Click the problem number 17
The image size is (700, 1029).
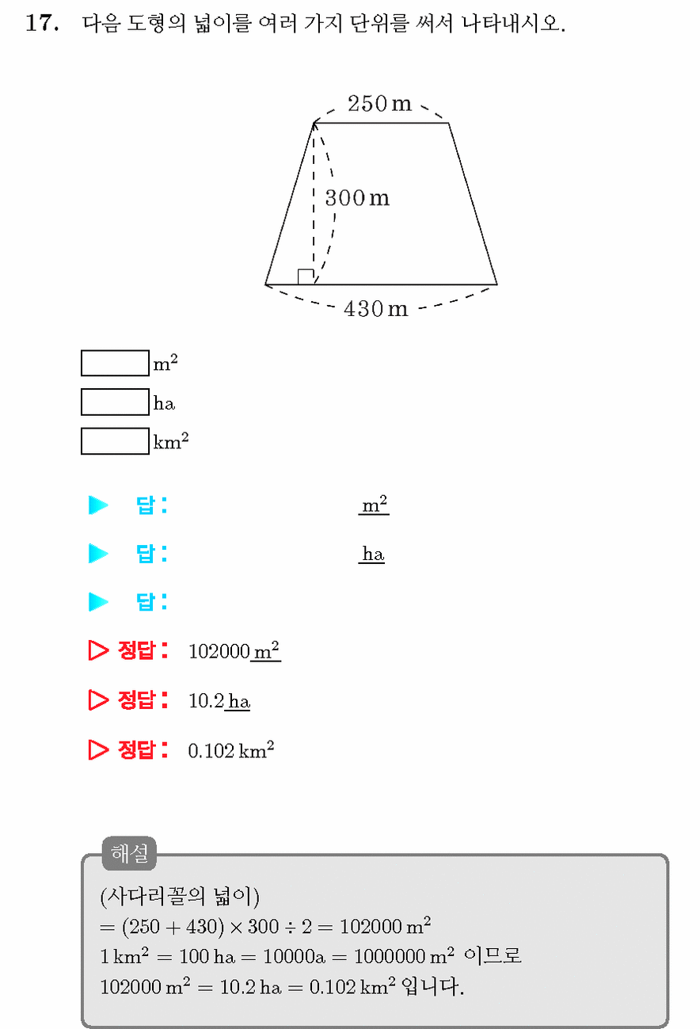click(x=42, y=23)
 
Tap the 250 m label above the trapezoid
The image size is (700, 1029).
click(x=379, y=103)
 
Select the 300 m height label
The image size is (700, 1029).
click(x=357, y=198)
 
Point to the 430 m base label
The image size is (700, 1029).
click(x=375, y=308)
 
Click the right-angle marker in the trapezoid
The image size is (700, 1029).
click(x=306, y=276)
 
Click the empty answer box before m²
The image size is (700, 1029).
click(x=115, y=363)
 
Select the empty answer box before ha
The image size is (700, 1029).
click(x=115, y=402)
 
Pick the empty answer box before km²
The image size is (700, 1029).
click(x=115, y=441)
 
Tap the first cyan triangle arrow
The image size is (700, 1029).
click(x=98, y=505)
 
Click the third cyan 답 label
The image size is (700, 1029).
click(x=151, y=602)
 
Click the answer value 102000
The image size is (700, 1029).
click(x=219, y=651)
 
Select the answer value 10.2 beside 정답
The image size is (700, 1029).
click(x=206, y=701)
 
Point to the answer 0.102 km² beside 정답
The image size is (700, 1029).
click(x=231, y=750)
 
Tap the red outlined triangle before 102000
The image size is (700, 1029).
click(x=98, y=650)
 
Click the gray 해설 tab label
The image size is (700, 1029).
click(x=130, y=853)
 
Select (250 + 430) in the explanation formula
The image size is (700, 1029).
click(x=173, y=927)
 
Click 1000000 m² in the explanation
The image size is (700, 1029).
click(x=404, y=956)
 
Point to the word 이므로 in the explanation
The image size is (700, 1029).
click(x=493, y=956)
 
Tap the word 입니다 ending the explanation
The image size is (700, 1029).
click(x=432, y=986)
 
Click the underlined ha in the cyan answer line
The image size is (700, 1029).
click(x=373, y=554)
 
